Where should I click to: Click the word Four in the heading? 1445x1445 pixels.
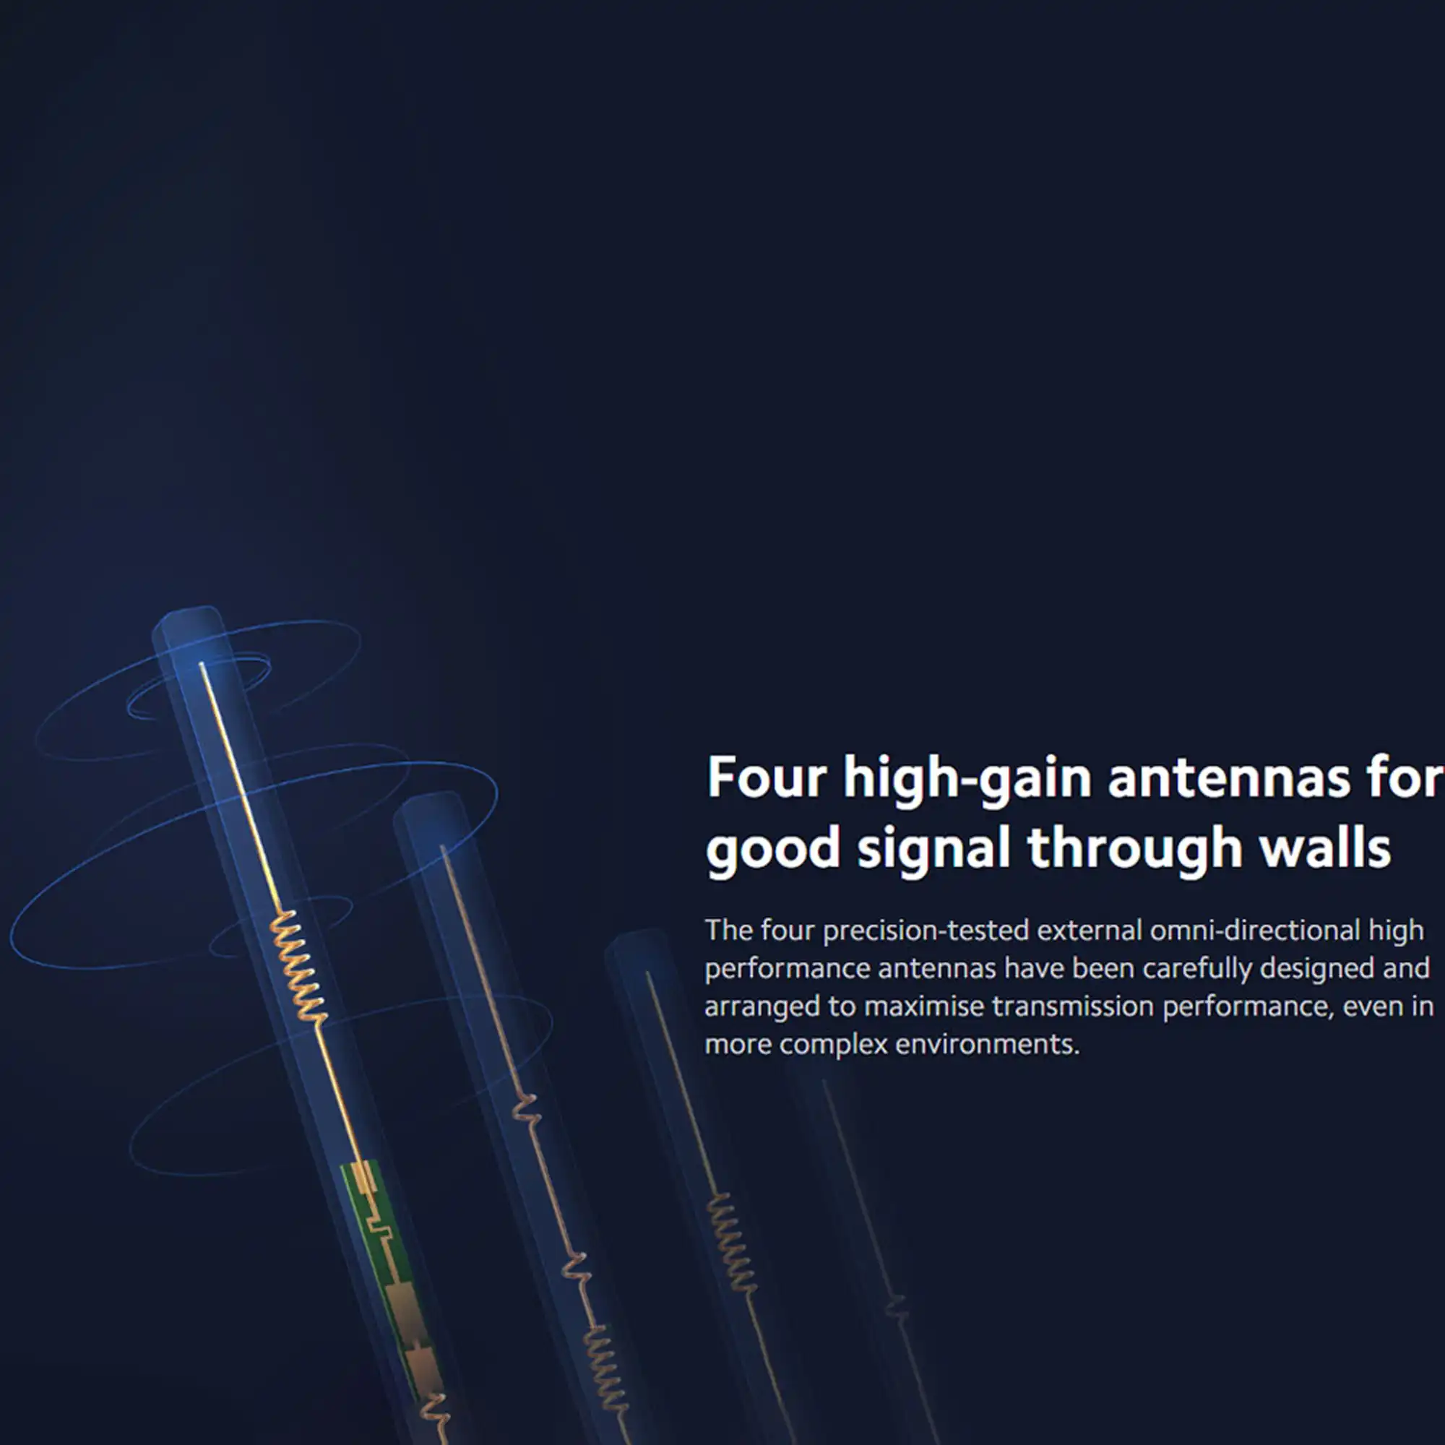click(x=767, y=778)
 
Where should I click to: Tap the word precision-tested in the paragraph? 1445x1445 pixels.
click(x=926, y=931)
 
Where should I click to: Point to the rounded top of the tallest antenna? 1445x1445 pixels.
click(x=189, y=621)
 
